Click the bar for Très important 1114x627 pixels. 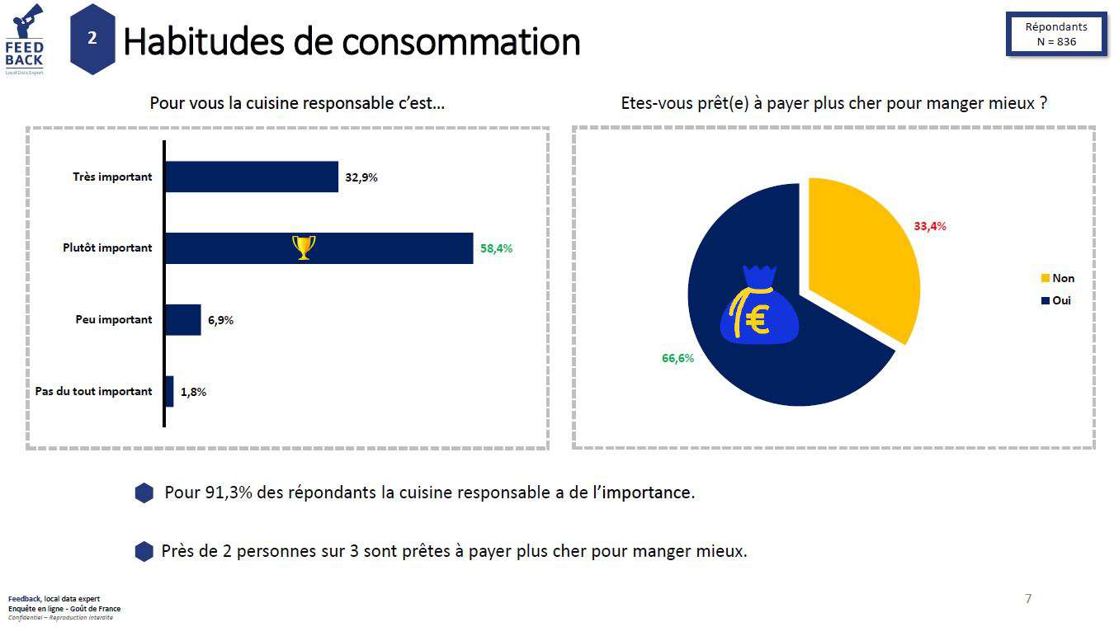pos(252,177)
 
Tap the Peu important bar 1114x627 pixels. pos(183,319)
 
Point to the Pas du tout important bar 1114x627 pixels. pos(169,391)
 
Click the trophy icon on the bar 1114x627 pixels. pos(304,247)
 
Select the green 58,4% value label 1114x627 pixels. pos(496,247)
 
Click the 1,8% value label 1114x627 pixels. pos(193,392)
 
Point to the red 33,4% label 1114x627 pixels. pos(929,226)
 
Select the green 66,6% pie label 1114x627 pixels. pos(677,358)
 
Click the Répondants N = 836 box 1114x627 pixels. pos(1055,34)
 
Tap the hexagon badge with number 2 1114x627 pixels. pos(92,39)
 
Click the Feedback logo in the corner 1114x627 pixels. pos(24,40)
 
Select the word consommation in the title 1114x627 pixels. pos(461,41)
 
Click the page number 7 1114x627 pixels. pos(1028,598)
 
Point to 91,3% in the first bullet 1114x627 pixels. pos(228,493)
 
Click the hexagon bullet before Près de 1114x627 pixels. pos(144,551)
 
